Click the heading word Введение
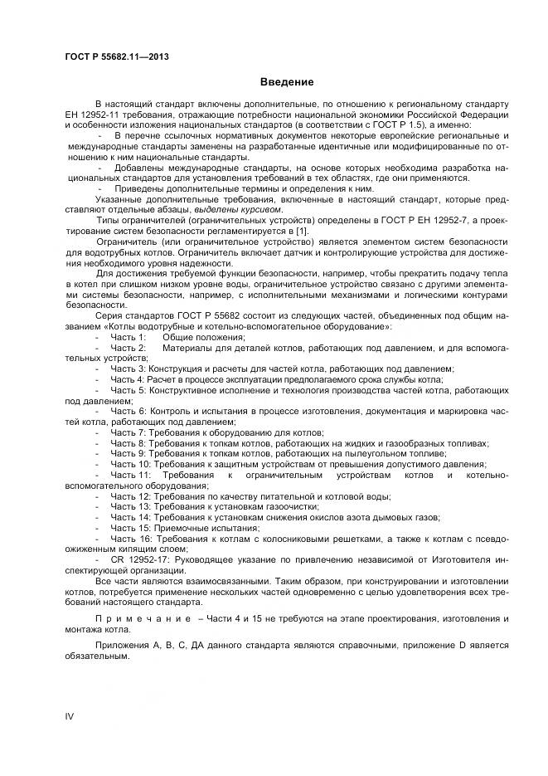pyautogui.click(x=287, y=82)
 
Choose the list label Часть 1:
pyautogui.click(x=128, y=337)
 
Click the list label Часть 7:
pyautogui.click(x=128, y=432)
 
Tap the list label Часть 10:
pyautogui.click(x=130, y=464)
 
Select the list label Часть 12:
pyautogui.click(x=130, y=495)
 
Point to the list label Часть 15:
pyautogui.click(x=130, y=528)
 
